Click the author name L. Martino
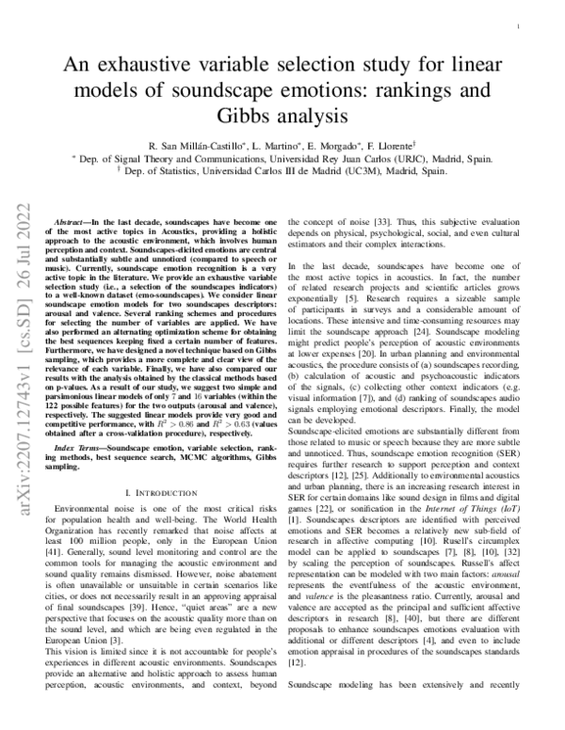pos(274,148)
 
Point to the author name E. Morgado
pos(334,148)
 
